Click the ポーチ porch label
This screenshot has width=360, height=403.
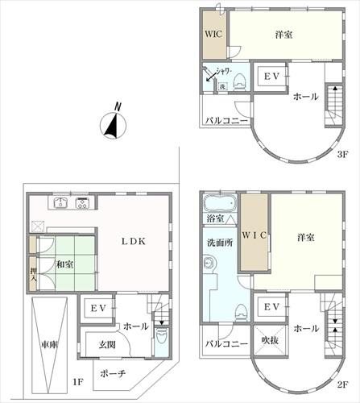click(x=114, y=374)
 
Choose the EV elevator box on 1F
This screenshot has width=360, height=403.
click(x=97, y=309)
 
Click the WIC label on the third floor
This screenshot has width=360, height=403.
click(x=213, y=35)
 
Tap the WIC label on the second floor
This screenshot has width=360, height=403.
click(x=255, y=235)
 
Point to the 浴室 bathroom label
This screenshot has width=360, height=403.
click(x=215, y=218)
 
